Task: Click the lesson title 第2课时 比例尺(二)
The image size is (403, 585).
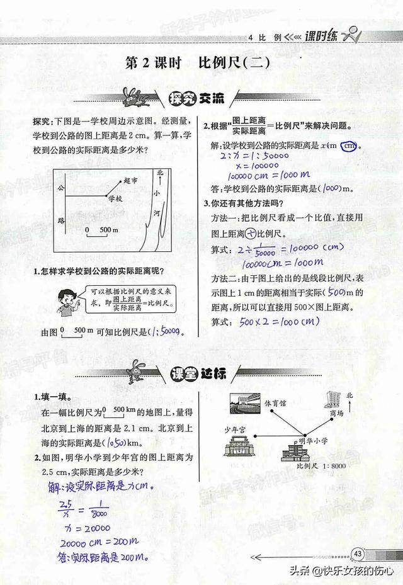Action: tap(200, 64)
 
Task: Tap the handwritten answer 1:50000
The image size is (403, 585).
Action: tap(171, 332)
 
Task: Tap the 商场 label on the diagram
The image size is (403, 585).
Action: tap(338, 414)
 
